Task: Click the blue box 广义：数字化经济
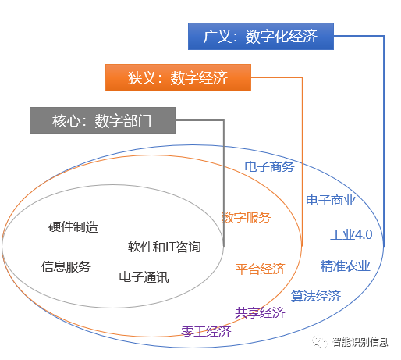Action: pyautogui.click(x=262, y=36)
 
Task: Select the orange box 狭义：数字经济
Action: pyautogui.click(x=178, y=77)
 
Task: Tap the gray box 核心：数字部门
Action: pyautogui.click(x=101, y=121)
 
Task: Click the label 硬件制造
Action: pyautogui.click(x=73, y=227)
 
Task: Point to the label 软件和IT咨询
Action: pyautogui.click(x=165, y=248)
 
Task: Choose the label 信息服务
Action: pyautogui.click(x=66, y=266)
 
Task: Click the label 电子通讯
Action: pyautogui.click(x=144, y=276)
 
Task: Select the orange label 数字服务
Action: pyautogui.click(x=247, y=217)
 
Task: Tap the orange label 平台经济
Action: pyautogui.click(x=261, y=269)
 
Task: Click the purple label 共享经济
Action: pyautogui.click(x=261, y=312)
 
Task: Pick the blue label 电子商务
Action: pyautogui.click(x=269, y=166)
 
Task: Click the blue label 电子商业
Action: pyautogui.click(x=331, y=200)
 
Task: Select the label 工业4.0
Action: pyautogui.click(x=351, y=234)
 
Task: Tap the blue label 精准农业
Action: pyautogui.click(x=345, y=266)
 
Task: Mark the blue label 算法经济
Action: pyautogui.click(x=316, y=296)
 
